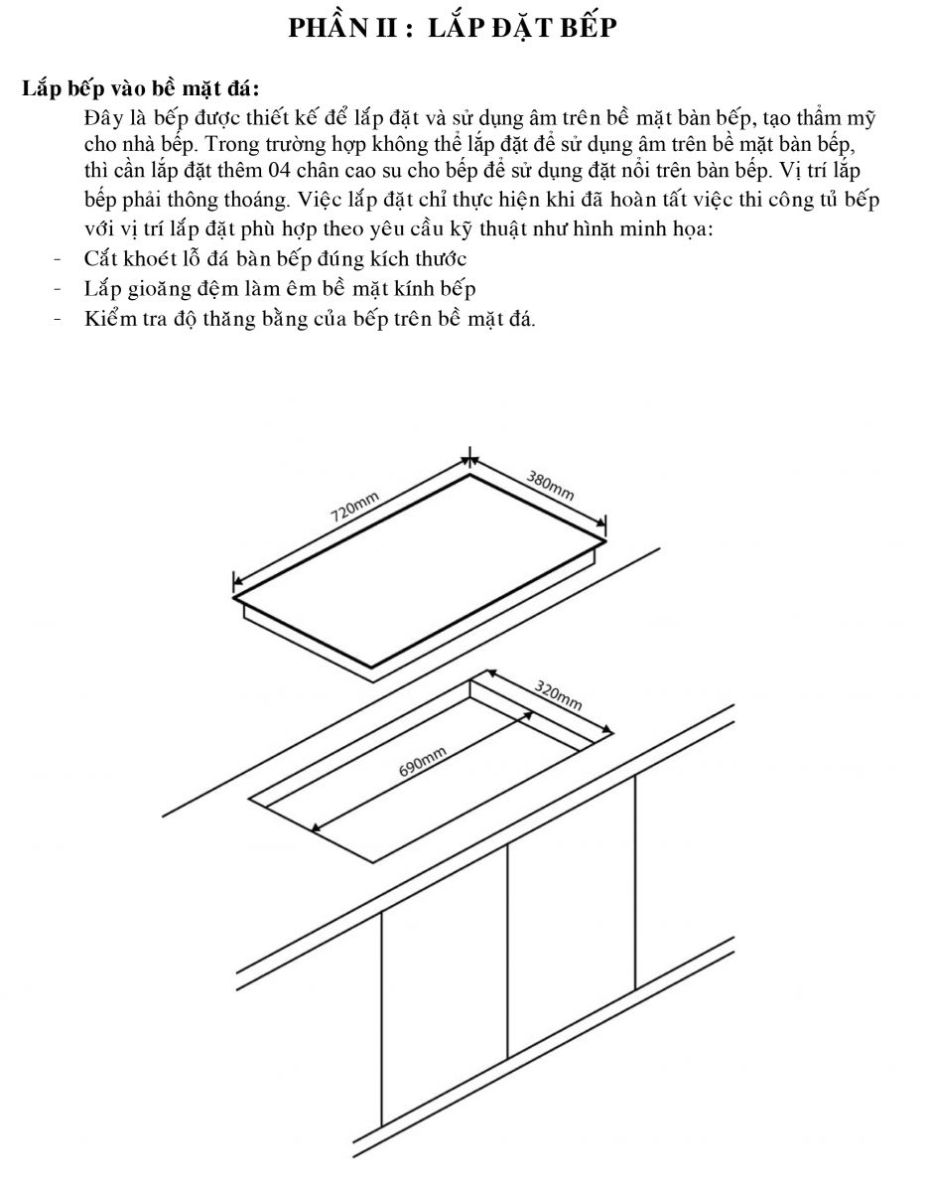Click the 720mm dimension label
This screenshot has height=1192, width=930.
click(x=354, y=507)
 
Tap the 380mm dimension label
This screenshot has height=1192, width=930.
click(x=550, y=486)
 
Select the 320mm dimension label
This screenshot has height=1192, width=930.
click(x=558, y=695)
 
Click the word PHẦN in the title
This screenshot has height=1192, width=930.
click(x=328, y=28)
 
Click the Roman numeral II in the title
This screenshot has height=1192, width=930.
click(x=386, y=28)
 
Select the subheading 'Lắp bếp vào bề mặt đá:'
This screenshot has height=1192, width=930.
click(x=140, y=88)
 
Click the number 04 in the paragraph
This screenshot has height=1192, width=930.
click(x=280, y=171)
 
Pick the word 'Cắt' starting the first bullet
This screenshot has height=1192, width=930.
click(x=101, y=258)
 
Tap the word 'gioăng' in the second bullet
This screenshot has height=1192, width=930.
click(x=156, y=290)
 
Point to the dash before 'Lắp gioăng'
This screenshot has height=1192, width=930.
click(x=58, y=288)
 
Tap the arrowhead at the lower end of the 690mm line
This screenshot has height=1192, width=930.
click(x=317, y=826)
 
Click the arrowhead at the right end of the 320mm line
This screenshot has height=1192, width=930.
click(x=606, y=729)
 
